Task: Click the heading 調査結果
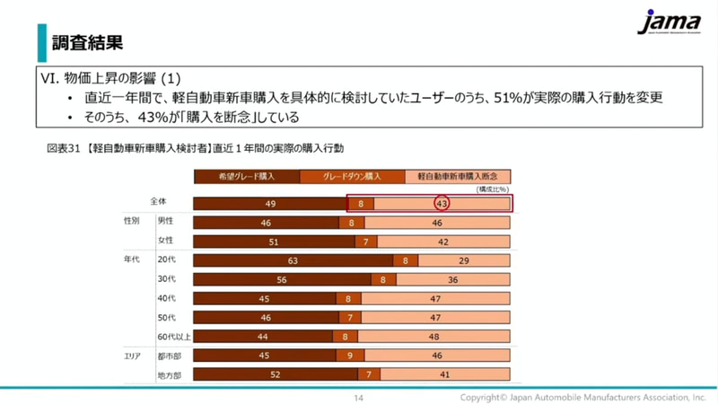pyautogui.click(x=87, y=42)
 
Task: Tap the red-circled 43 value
pyautogui.click(x=442, y=205)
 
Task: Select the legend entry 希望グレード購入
pyautogui.click(x=246, y=177)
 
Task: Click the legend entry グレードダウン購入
pyautogui.click(x=352, y=177)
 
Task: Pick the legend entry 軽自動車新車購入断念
pyautogui.click(x=458, y=177)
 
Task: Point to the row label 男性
pyautogui.click(x=166, y=221)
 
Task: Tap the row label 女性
pyautogui.click(x=166, y=241)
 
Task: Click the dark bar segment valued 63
pyautogui.click(x=293, y=260)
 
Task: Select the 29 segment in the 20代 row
pyautogui.click(x=464, y=260)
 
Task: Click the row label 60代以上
pyautogui.click(x=174, y=337)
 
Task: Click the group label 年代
pyautogui.click(x=132, y=259)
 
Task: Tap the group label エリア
pyautogui.click(x=132, y=355)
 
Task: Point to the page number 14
pyautogui.click(x=358, y=397)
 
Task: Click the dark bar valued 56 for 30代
pyautogui.click(x=282, y=279)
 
